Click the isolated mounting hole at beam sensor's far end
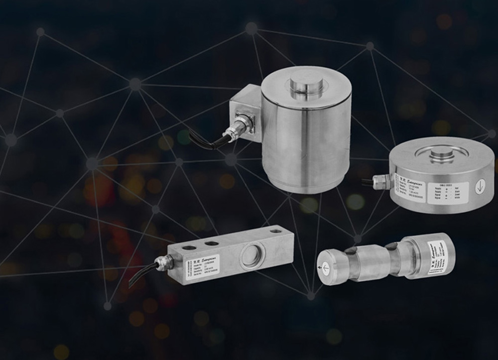[x=275, y=231]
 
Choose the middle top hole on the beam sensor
[x=212, y=243]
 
